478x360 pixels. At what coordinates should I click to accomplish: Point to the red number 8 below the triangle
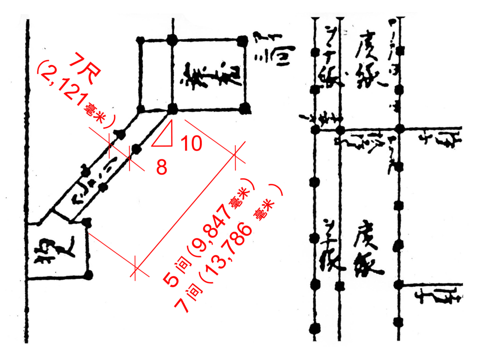[x=162, y=168]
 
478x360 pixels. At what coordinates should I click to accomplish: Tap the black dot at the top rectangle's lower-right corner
[x=244, y=107]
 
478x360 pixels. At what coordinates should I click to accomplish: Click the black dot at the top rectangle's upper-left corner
[x=140, y=41]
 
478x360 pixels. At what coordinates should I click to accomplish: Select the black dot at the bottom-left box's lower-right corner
[x=89, y=275]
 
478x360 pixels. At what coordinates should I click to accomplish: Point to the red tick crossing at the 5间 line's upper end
[x=235, y=156]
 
